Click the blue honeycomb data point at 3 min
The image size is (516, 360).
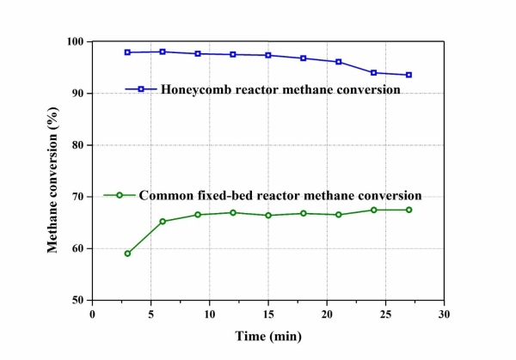pos(127,52)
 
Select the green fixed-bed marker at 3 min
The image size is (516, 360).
pos(127,253)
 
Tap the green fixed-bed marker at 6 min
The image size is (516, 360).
pos(163,222)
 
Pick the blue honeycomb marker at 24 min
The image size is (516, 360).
pos(373,73)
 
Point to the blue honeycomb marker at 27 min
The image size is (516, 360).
pos(408,75)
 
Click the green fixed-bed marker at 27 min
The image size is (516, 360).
pos(408,210)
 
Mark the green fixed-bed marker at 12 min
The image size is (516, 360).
pos(233,212)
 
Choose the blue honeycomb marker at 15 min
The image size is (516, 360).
pos(268,55)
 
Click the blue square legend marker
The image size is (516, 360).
pos(140,88)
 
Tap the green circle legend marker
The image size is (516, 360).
pos(121,194)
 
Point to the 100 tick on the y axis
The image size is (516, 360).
pos(75,42)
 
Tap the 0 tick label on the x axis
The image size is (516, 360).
pos(92,314)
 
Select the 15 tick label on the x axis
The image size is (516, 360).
pos(268,314)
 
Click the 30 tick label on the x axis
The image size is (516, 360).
pos(444,314)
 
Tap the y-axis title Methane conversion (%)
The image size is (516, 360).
pos(52,172)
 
